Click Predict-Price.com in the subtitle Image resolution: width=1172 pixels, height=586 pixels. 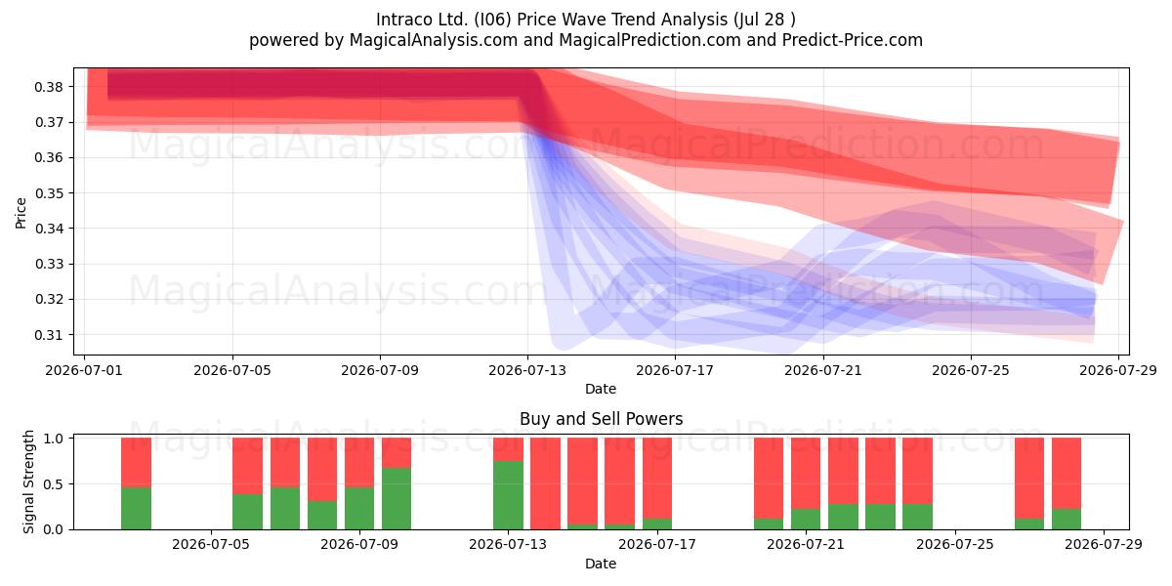tap(853, 40)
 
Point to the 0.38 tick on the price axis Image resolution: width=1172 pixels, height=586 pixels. tap(49, 87)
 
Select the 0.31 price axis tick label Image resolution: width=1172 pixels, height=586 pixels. tap(49, 335)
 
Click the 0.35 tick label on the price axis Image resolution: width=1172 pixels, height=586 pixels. tap(49, 193)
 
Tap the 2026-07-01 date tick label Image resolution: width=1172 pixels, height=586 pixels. tap(84, 370)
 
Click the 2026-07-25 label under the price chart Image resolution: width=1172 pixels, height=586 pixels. tap(971, 370)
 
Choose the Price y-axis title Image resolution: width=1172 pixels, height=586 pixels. tap(21, 214)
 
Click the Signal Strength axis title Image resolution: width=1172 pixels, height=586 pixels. tap(28, 481)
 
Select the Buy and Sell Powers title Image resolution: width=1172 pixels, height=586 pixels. tap(602, 419)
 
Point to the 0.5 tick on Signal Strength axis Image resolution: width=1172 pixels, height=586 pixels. tap(53, 484)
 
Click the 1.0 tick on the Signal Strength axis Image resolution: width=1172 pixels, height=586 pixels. tap(53, 439)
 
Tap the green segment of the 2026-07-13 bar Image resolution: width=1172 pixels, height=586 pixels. tap(508, 495)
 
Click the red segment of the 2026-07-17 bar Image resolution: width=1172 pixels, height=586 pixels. tap(657, 479)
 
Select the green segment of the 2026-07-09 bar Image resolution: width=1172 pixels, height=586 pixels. tap(359, 509)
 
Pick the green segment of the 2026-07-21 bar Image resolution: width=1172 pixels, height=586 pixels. tap(806, 519)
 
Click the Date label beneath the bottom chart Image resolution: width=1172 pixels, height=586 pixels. tap(601, 564)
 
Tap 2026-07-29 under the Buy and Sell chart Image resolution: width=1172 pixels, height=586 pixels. tap(1104, 545)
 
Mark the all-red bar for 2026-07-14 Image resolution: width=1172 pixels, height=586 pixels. tap(545, 483)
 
